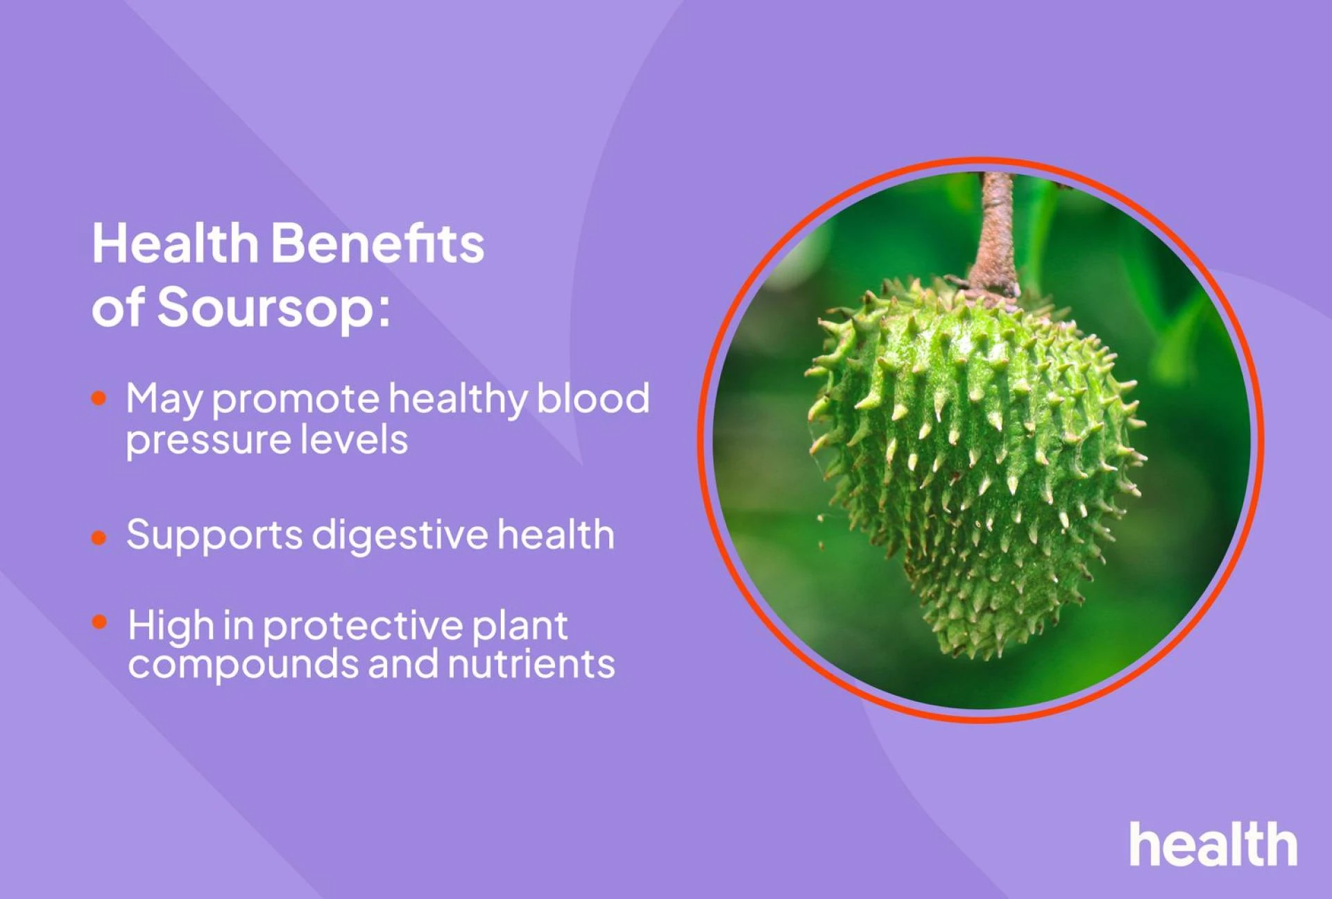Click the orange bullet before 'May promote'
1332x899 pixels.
[99, 398]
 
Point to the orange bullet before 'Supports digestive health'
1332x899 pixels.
[99, 538]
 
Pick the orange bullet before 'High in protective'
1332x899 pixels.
[100, 622]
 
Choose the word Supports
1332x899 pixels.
[214, 536]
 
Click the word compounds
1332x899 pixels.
[243, 665]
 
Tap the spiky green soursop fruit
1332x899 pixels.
[978, 458]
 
